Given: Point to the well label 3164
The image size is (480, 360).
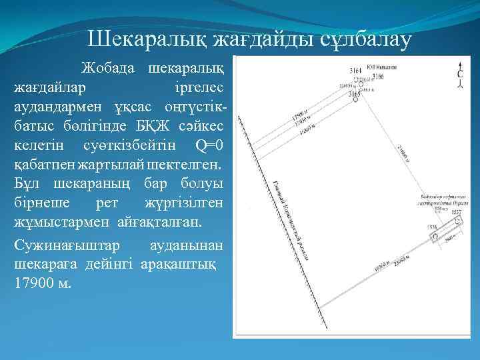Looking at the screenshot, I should tap(356, 70).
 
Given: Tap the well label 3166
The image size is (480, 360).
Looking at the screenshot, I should tap(378, 77).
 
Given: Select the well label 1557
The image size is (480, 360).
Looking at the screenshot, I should tap(457, 212).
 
